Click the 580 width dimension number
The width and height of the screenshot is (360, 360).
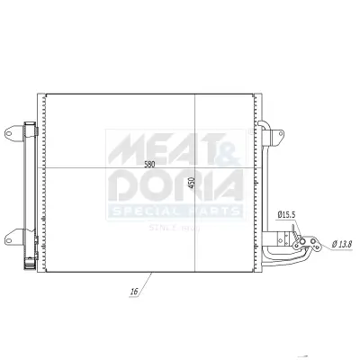coord(148,164)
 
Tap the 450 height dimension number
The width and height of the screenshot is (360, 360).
coord(191,183)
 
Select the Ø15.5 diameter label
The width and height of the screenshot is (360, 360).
coord(287,215)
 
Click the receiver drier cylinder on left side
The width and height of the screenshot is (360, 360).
coord(31,189)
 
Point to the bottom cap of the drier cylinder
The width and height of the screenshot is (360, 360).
coord(31,265)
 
